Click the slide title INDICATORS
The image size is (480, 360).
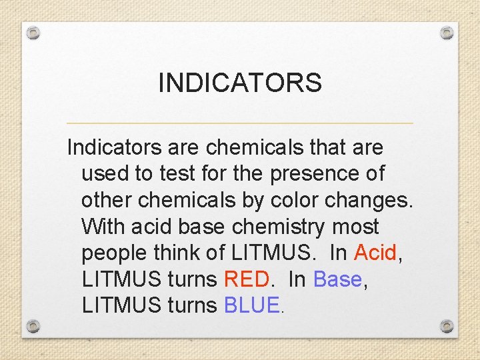point(240,83)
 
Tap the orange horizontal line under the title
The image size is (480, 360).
point(240,123)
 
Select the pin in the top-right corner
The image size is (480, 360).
point(447,33)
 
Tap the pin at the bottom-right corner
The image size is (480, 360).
point(447,326)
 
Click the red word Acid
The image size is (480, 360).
point(375,253)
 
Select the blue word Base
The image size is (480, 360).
point(337,279)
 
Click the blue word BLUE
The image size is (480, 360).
point(253,305)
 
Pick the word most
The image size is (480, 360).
point(355,227)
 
